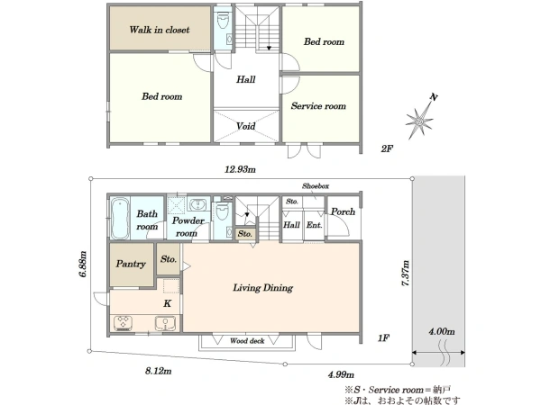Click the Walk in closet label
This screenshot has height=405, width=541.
tap(160, 30)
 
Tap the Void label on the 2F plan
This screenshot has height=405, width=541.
tap(245, 126)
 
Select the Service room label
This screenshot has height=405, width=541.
tap(318, 105)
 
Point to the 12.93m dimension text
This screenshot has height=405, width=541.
tap(241, 169)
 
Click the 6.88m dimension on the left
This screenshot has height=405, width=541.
tap(83, 264)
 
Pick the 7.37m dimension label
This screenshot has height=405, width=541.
tap(406, 273)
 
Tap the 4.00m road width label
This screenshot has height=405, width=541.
tap(442, 331)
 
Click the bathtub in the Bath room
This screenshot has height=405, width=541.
tap(120, 218)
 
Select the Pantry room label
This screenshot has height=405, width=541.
tap(131, 264)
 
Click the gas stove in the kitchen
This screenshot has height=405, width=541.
tap(123, 323)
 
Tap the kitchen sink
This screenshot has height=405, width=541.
tap(166, 324)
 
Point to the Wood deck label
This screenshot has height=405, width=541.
tap(247, 341)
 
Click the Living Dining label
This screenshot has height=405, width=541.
tap(263, 288)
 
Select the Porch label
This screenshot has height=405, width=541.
tap(343, 211)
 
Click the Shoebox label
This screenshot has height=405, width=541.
tap(316, 186)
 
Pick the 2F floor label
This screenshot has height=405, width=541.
tap(387, 148)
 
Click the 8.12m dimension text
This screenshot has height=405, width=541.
tap(159, 371)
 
